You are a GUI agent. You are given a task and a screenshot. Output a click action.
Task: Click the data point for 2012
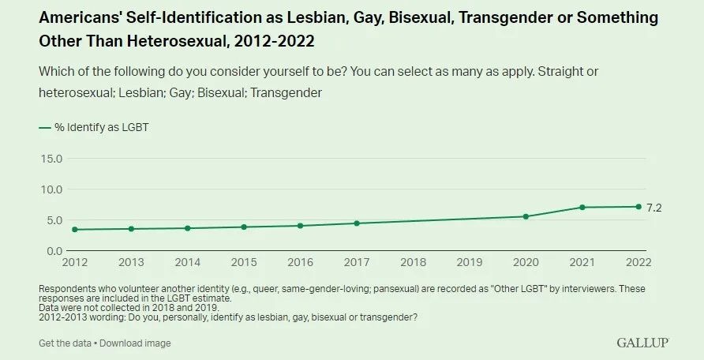[x=74, y=230]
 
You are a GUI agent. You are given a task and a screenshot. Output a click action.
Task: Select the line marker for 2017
[x=357, y=223]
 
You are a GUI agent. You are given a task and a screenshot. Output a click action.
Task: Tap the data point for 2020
[x=526, y=216]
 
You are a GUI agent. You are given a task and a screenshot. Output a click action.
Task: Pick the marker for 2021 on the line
[x=582, y=208]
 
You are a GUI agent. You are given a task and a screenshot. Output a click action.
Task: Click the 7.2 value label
[x=653, y=207]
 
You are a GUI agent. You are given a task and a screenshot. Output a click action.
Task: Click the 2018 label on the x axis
[x=413, y=261]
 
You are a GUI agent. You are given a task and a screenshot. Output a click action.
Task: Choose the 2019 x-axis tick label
[x=470, y=261]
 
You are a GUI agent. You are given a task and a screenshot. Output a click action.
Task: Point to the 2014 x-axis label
[x=187, y=261]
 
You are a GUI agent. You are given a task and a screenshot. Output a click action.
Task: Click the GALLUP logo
[x=642, y=342]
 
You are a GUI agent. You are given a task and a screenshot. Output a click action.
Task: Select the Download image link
[x=135, y=343]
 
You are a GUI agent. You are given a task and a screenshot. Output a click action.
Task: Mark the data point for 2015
[x=244, y=227]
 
